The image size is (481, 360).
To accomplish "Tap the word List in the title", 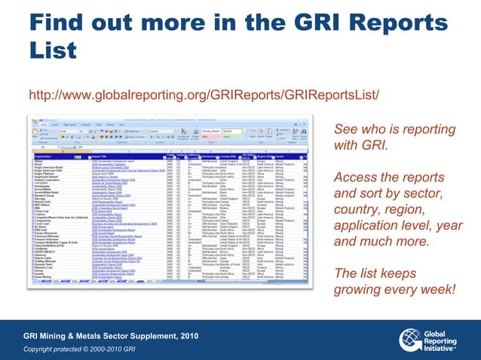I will (x=53, y=50).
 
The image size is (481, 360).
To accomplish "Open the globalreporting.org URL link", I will (x=204, y=96).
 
